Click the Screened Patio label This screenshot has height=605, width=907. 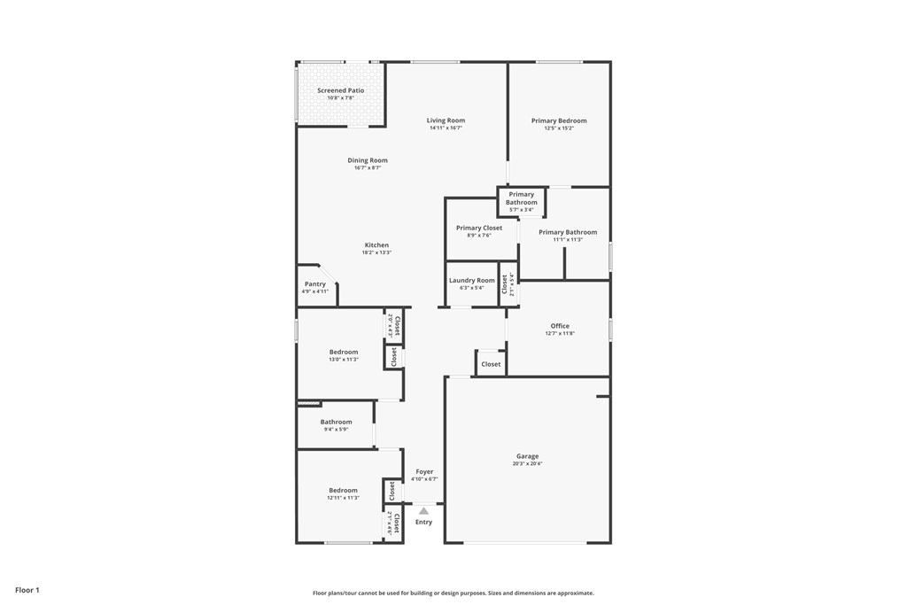[x=340, y=90]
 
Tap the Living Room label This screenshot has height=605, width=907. [x=446, y=120]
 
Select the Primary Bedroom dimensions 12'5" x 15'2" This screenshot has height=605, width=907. [x=559, y=128]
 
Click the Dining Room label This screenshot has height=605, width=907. [x=368, y=160]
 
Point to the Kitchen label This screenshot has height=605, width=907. [x=376, y=245]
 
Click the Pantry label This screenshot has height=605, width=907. [x=315, y=284]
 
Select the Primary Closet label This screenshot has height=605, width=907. [x=479, y=228]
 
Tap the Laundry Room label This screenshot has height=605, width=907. [x=472, y=280]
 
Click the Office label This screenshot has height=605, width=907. [x=560, y=326]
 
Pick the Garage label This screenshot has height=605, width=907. [x=528, y=456]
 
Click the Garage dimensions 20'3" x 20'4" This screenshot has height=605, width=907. [x=528, y=464]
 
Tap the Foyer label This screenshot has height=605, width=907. [x=424, y=472]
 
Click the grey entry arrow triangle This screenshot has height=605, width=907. [x=424, y=511]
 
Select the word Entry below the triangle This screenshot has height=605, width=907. [x=424, y=522]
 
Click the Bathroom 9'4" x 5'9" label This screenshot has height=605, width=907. [x=336, y=422]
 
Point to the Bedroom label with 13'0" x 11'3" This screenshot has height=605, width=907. [x=344, y=352]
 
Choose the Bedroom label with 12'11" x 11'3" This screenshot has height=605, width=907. [x=344, y=490]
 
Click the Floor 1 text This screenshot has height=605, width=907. [x=27, y=589]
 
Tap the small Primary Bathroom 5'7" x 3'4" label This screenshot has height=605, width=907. [x=522, y=198]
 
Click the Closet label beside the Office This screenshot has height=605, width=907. [x=491, y=364]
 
